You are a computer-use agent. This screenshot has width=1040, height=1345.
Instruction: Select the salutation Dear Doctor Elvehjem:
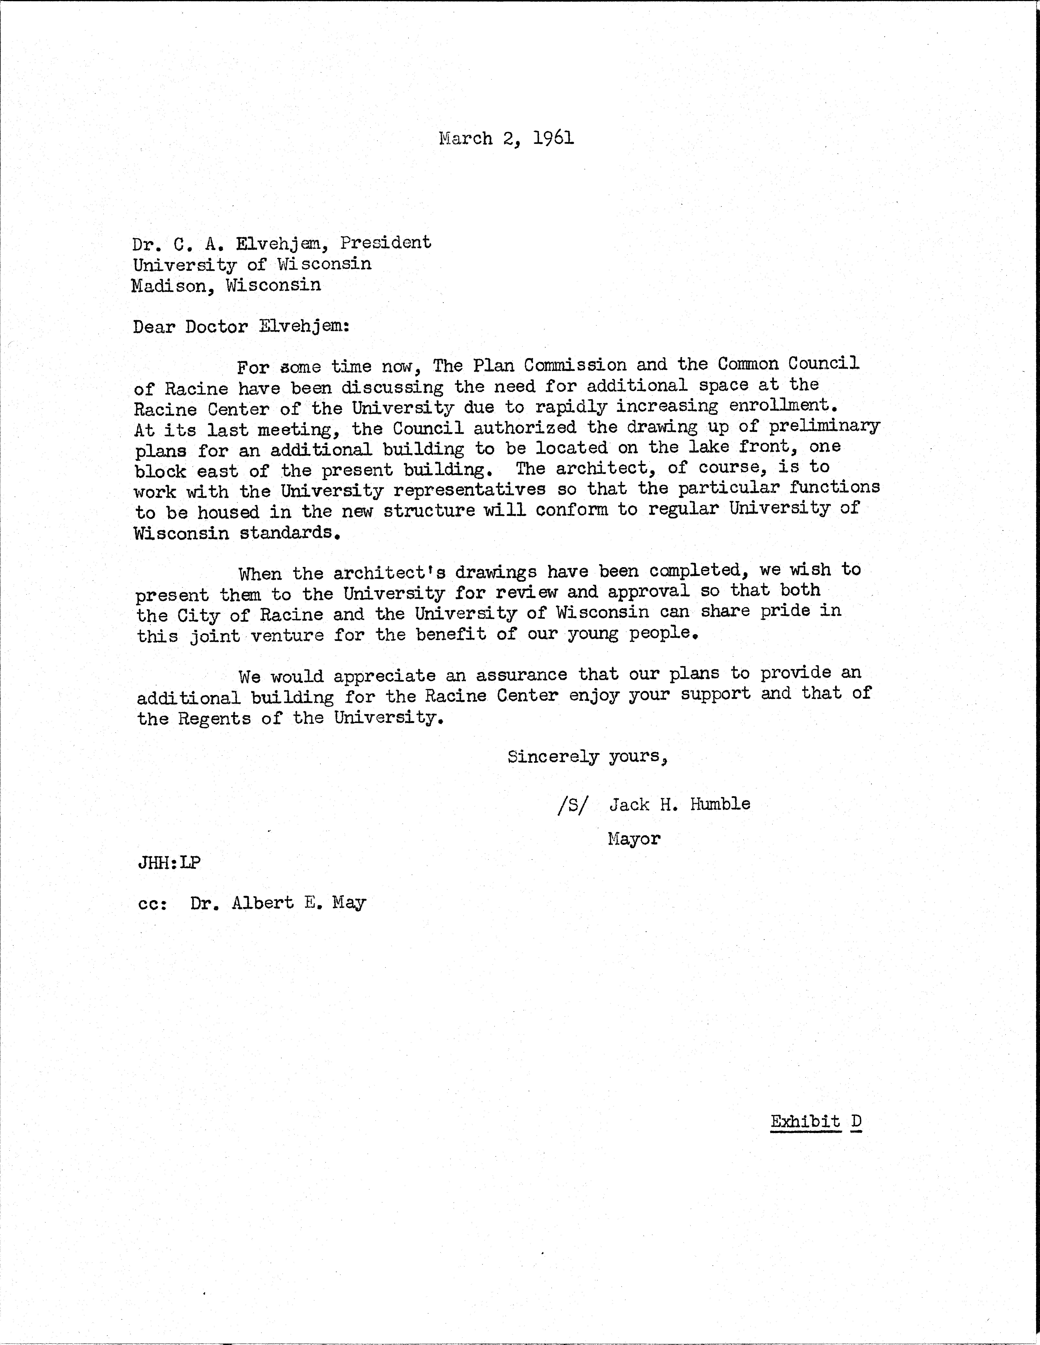coord(241,326)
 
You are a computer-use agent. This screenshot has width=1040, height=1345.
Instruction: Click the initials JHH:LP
coord(169,862)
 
